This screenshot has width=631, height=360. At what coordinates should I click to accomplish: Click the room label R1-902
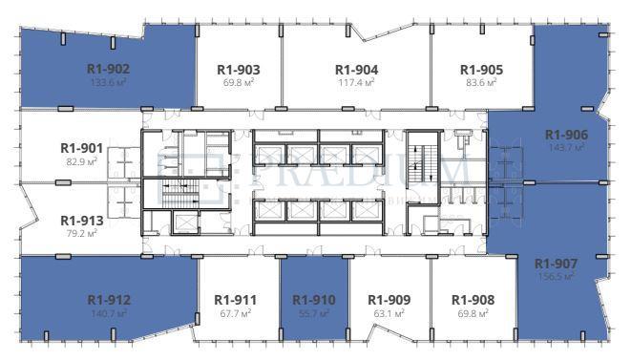pos(108,69)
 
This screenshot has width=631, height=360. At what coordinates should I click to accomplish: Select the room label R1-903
pos(239,70)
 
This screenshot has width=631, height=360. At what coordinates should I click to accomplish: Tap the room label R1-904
pos(356,70)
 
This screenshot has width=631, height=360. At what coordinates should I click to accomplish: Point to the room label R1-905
pos(481,70)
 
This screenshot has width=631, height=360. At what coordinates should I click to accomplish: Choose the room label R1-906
pos(566,135)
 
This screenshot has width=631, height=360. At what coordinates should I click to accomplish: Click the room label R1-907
pos(555,264)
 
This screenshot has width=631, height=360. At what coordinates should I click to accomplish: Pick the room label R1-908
pos(473,299)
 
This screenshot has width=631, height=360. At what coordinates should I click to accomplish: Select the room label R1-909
pos(389,299)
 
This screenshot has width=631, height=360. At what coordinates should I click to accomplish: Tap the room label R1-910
pos(313,299)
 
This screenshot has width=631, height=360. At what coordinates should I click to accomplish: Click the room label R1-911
pos(236,299)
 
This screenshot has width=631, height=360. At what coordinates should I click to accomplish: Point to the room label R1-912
pos(108,300)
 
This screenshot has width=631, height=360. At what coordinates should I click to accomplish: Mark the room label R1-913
pos(81,219)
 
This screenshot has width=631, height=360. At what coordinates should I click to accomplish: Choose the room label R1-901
pos(81,148)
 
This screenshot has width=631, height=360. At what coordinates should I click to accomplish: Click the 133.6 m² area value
pos(108,82)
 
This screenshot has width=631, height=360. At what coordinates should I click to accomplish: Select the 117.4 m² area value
pos(356,83)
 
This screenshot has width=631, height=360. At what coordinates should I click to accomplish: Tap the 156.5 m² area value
pos(555,277)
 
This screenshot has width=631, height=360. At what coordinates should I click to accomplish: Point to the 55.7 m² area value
pos(313,312)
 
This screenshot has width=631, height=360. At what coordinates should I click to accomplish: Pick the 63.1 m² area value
pos(389,312)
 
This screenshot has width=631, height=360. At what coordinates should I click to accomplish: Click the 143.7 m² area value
pos(566,148)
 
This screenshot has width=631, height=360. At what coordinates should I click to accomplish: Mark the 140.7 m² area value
pos(108,313)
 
